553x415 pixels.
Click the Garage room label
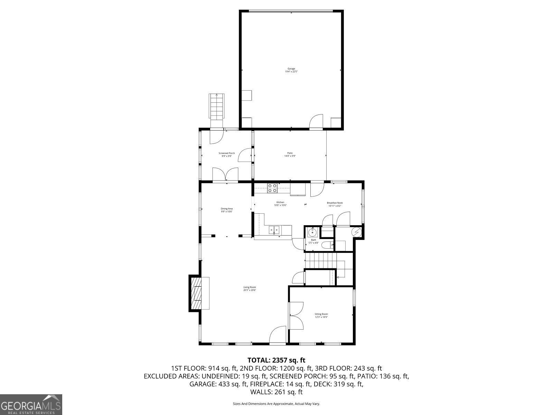291,69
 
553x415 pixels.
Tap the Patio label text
290,153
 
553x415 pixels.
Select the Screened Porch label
227,153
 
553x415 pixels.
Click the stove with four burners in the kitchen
272,188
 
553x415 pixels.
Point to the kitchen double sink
275,230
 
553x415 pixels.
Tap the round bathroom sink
312,232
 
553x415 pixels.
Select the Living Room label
250,287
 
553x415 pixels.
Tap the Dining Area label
227,209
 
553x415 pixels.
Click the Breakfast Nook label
335,203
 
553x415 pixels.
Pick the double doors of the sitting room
297,315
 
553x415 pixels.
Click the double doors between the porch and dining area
225,175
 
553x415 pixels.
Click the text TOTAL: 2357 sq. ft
276,360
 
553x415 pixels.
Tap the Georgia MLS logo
31,404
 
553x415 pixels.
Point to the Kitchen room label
280,202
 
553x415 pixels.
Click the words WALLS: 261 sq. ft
276,392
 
